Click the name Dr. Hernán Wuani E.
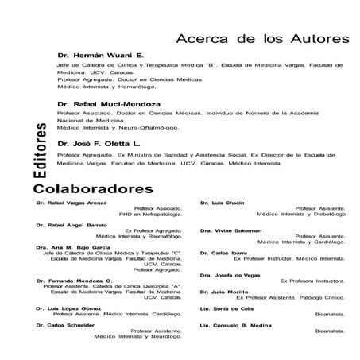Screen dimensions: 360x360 pyautogui.click(x=100, y=55)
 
